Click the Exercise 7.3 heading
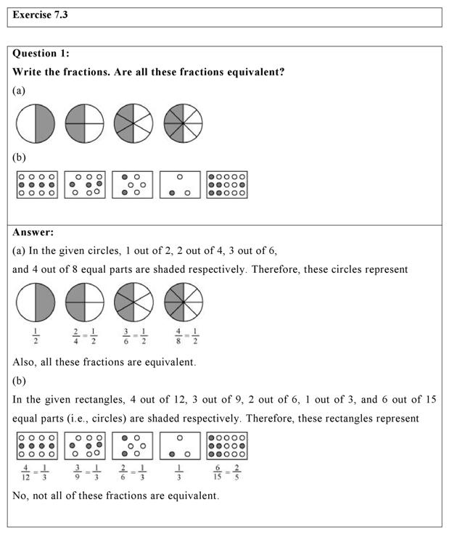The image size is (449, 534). point(42,15)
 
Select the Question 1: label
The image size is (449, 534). point(41,54)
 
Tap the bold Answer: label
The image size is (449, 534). point(33,232)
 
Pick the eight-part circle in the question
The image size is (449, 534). point(184,123)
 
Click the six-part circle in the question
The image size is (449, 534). point(133,123)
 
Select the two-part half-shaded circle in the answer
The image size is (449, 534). point(36,302)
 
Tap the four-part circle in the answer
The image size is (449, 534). point(85,302)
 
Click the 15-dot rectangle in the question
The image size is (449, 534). point(226,185)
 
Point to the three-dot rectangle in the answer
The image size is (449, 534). point(180,445)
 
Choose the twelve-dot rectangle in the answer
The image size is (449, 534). point(36,445)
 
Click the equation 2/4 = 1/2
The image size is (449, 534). point(85,337)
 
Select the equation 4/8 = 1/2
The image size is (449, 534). point(184,337)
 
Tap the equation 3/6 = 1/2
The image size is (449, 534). point(133,337)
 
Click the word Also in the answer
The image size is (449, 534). point(25,362)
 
